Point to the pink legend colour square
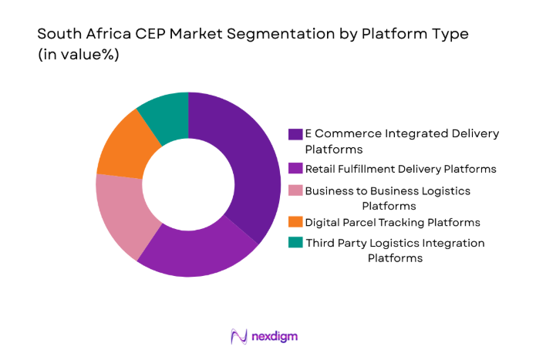tap(295, 190)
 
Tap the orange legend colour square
tap(295, 223)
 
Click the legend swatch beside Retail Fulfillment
tap(295, 168)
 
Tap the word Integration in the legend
tap(447, 244)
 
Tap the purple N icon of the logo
tap(240, 336)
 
